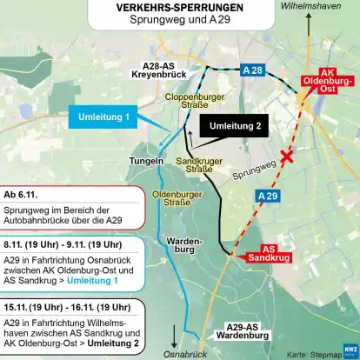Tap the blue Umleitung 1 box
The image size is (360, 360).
tap(103, 116)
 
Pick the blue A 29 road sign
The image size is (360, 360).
tap(270, 197)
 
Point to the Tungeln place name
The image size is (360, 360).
tap(145, 162)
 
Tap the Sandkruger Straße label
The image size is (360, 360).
tap(195, 165)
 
